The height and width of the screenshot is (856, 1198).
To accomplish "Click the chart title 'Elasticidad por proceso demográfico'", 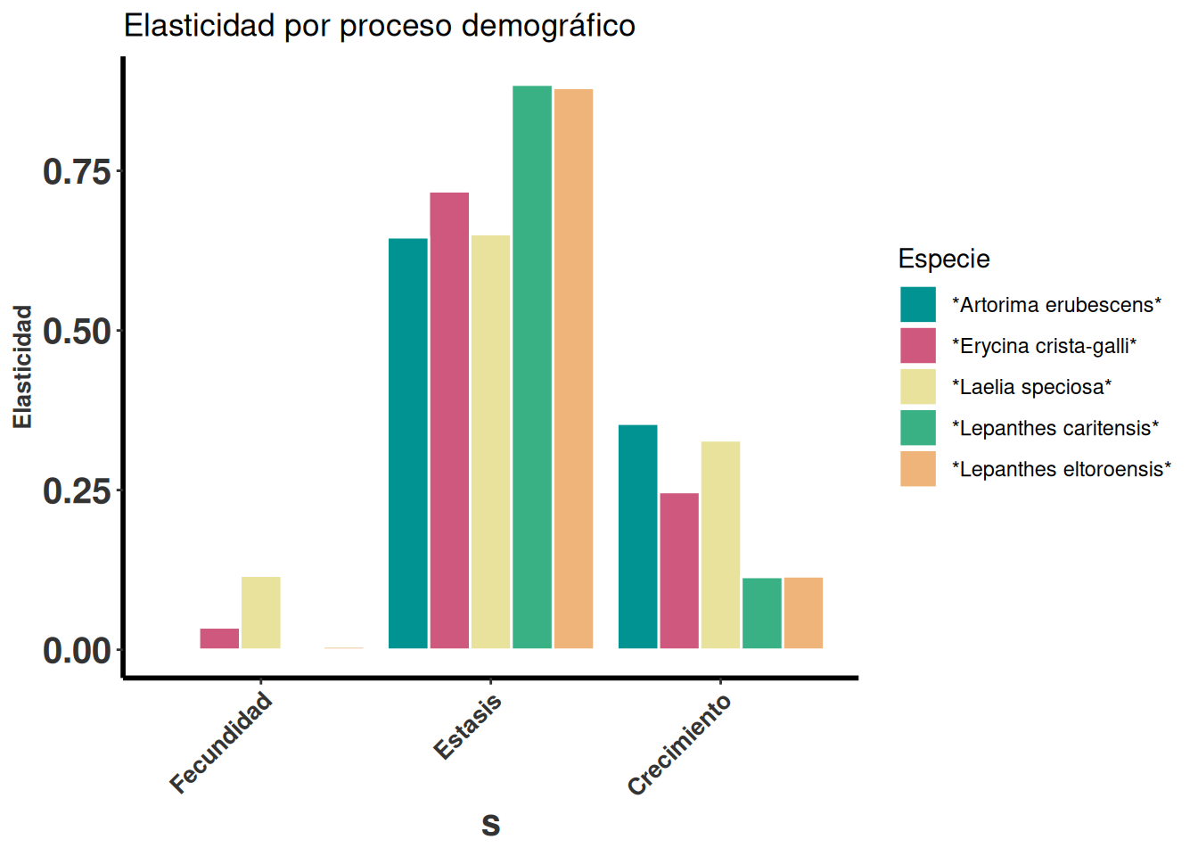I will [x=379, y=26].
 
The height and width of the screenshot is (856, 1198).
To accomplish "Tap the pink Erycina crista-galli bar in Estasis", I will [x=449, y=420].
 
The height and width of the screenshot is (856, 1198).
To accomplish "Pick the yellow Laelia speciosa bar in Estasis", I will [x=490, y=441].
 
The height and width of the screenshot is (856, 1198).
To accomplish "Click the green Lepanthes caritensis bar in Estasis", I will [x=532, y=366].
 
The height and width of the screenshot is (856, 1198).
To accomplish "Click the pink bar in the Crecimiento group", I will [x=679, y=571].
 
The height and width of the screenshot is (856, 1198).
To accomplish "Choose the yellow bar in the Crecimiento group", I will [x=720, y=545].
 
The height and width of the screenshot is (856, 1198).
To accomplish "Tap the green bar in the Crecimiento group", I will [x=762, y=613].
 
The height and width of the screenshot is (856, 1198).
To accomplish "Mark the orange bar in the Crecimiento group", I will [x=803, y=613].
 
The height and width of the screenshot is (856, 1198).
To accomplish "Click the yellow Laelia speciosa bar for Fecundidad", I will [x=261, y=613].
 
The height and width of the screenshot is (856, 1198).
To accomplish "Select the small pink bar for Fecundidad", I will [x=219, y=638].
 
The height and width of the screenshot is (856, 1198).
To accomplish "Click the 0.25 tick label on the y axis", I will [x=78, y=491].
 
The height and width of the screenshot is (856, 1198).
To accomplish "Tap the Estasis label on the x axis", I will [x=468, y=728].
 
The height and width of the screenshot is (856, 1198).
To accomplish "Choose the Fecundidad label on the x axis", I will [x=221, y=744].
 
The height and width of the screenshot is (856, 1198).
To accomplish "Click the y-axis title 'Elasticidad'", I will [x=22, y=366].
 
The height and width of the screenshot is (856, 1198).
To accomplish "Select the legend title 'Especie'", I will [x=944, y=259].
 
